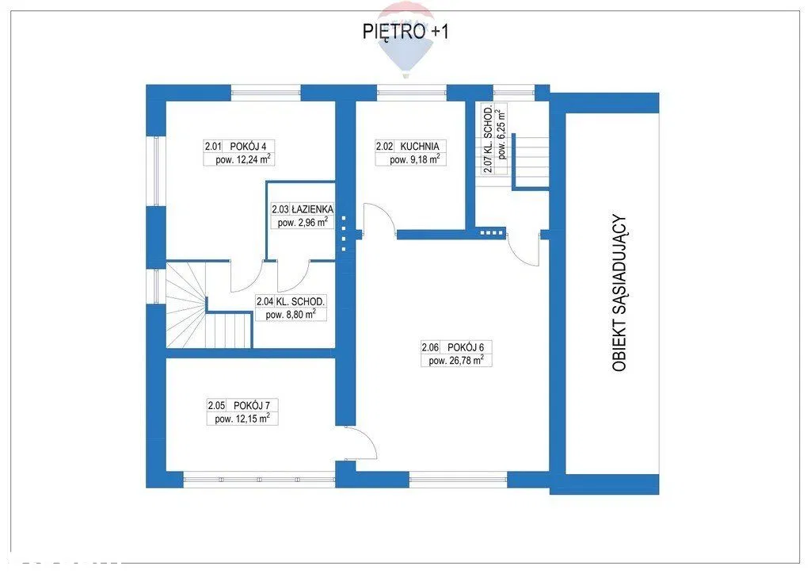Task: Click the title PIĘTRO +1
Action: coord(405,32)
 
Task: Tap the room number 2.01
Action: coord(213,147)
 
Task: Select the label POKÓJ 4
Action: coord(245,147)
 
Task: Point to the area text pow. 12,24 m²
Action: coord(244,159)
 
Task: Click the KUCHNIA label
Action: coord(420,147)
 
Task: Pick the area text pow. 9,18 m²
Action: coord(415,159)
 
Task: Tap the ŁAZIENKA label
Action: coord(312,209)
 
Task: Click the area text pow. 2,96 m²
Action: coord(303,223)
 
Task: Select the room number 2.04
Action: coord(265,301)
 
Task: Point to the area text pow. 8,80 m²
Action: coord(291,314)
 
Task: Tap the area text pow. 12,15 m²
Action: coord(242,418)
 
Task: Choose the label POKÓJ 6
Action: coord(462,347)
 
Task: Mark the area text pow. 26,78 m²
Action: coord(456,360)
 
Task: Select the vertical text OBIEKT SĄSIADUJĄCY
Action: coord(619,293)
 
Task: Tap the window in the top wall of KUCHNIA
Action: coord(411,93)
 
